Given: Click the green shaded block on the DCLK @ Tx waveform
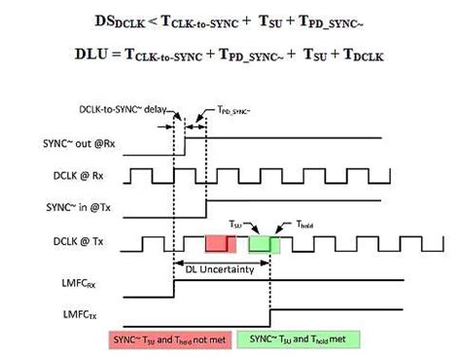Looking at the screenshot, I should click(x=264, y=242).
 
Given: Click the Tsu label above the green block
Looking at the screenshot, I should click(x=235, y=222).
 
